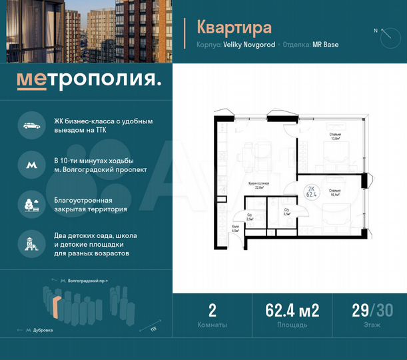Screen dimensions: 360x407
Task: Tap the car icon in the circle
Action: click(x=31, y=125)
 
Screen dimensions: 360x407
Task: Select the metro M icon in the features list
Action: click(x=31, y=164)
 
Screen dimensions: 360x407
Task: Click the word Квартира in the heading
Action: click(x=234, y=27)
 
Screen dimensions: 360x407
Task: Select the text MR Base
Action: click(x=326, y=45)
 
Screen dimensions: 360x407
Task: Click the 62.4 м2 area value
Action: click(x=292, y=310)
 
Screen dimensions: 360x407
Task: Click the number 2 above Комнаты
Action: click(x=212, y=310)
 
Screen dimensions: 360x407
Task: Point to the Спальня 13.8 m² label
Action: click(x=335, y=137)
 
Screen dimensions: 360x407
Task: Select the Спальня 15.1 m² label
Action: click(x=335, y=193)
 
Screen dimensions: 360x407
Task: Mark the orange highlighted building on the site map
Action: click(x=57, y=308)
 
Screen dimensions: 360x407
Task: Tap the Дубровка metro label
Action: click(x=42, y=330)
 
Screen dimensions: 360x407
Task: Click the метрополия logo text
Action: click(x=89, y=81)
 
